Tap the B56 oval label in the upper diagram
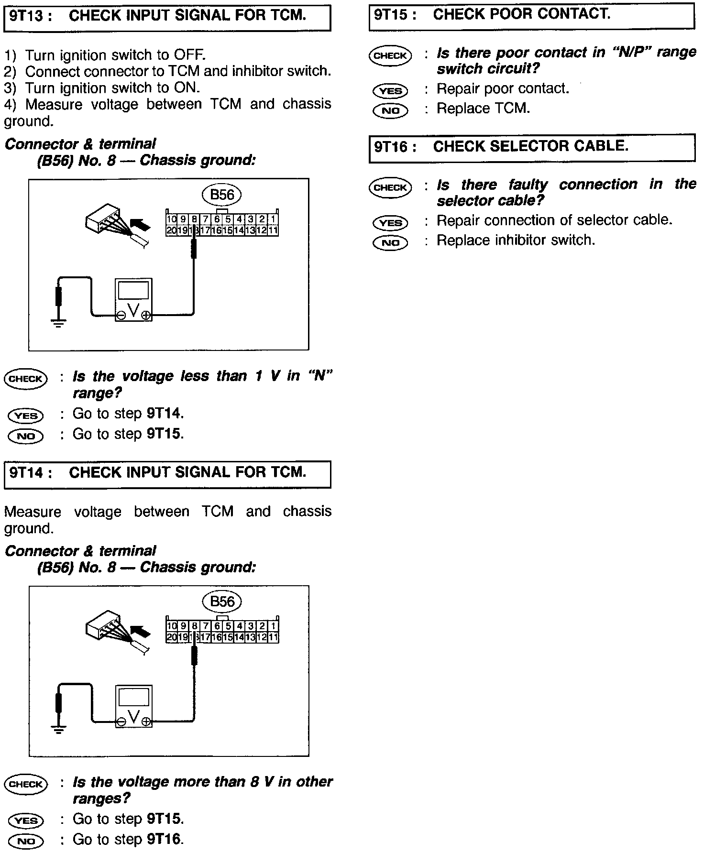(x=222, y=195)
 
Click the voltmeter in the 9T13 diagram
(x=134, y=300)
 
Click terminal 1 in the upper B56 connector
(x=273, y=219)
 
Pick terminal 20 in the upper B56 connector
(x=171, y=230)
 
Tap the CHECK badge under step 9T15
(x=390, y=55)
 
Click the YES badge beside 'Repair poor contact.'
(x=390, y=90)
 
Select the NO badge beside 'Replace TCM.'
(x=390, y=110)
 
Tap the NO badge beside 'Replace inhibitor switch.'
(x=390, y=242)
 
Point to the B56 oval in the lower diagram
(x=222, y=601)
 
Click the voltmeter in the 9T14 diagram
(x=134, y=707)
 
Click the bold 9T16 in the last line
(x=164, y=839)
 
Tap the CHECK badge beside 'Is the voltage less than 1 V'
(x=26, y=379)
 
